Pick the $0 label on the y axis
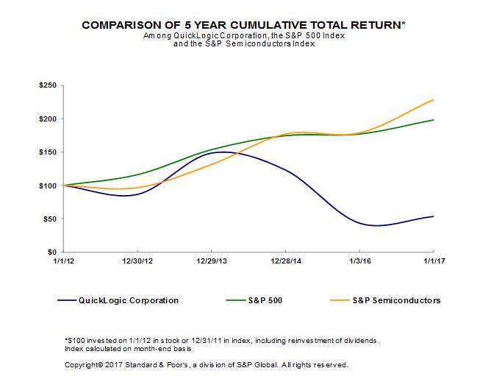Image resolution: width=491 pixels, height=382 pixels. coord(54,252)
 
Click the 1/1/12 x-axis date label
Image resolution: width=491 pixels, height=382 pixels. coord(64,261)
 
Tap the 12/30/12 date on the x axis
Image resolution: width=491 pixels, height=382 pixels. coord(137,261)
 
